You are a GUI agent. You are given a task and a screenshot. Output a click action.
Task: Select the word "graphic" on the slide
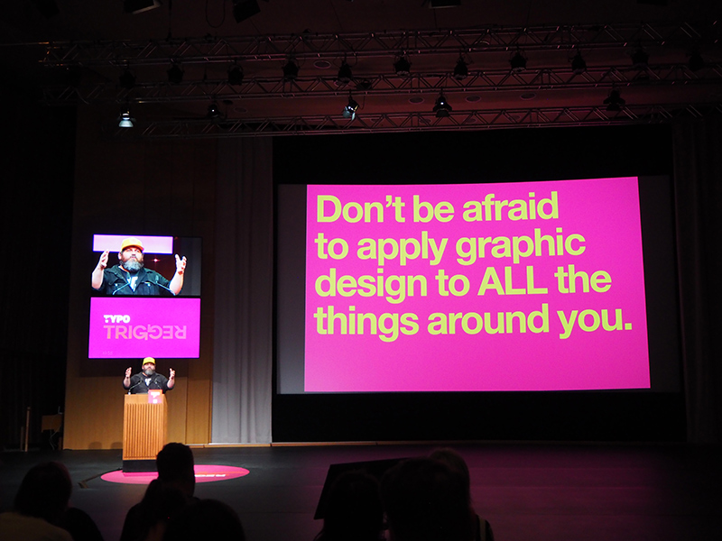point(521,247)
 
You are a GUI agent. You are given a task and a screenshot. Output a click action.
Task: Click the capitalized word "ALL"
point(512,280)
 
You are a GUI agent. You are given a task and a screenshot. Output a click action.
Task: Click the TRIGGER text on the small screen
point(144,332)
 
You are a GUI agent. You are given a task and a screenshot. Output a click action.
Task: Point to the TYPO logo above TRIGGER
point(116,319)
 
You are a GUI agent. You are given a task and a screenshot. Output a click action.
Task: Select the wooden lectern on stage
point(144,426)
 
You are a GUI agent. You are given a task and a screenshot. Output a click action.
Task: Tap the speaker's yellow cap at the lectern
point(148,361)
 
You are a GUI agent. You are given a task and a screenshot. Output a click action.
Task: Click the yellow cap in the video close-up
point(132,244)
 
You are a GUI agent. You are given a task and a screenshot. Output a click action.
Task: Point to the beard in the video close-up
point(133,264)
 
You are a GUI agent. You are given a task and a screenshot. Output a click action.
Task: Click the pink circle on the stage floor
point(175,474)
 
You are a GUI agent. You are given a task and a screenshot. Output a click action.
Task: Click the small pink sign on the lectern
point(154,397)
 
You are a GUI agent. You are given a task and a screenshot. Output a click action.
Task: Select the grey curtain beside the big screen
point(241,289)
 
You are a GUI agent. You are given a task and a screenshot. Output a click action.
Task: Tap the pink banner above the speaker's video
point(133,243)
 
